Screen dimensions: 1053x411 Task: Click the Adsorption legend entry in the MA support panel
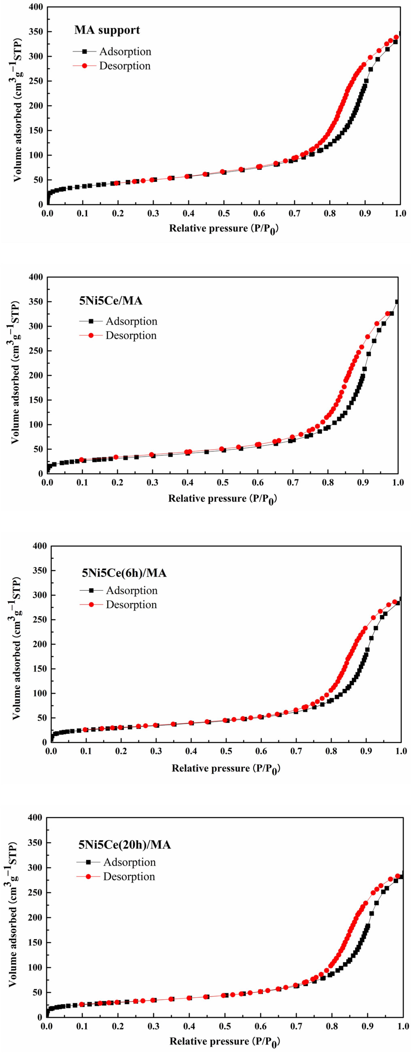[x=125, y=51]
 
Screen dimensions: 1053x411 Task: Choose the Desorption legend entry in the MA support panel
[x=125, y=66]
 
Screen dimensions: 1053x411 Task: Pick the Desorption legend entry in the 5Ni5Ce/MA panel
[x=131, y=336]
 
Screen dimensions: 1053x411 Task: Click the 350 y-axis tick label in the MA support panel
[x=36, y=32]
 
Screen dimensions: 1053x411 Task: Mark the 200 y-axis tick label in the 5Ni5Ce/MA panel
[x=36, y=375]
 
